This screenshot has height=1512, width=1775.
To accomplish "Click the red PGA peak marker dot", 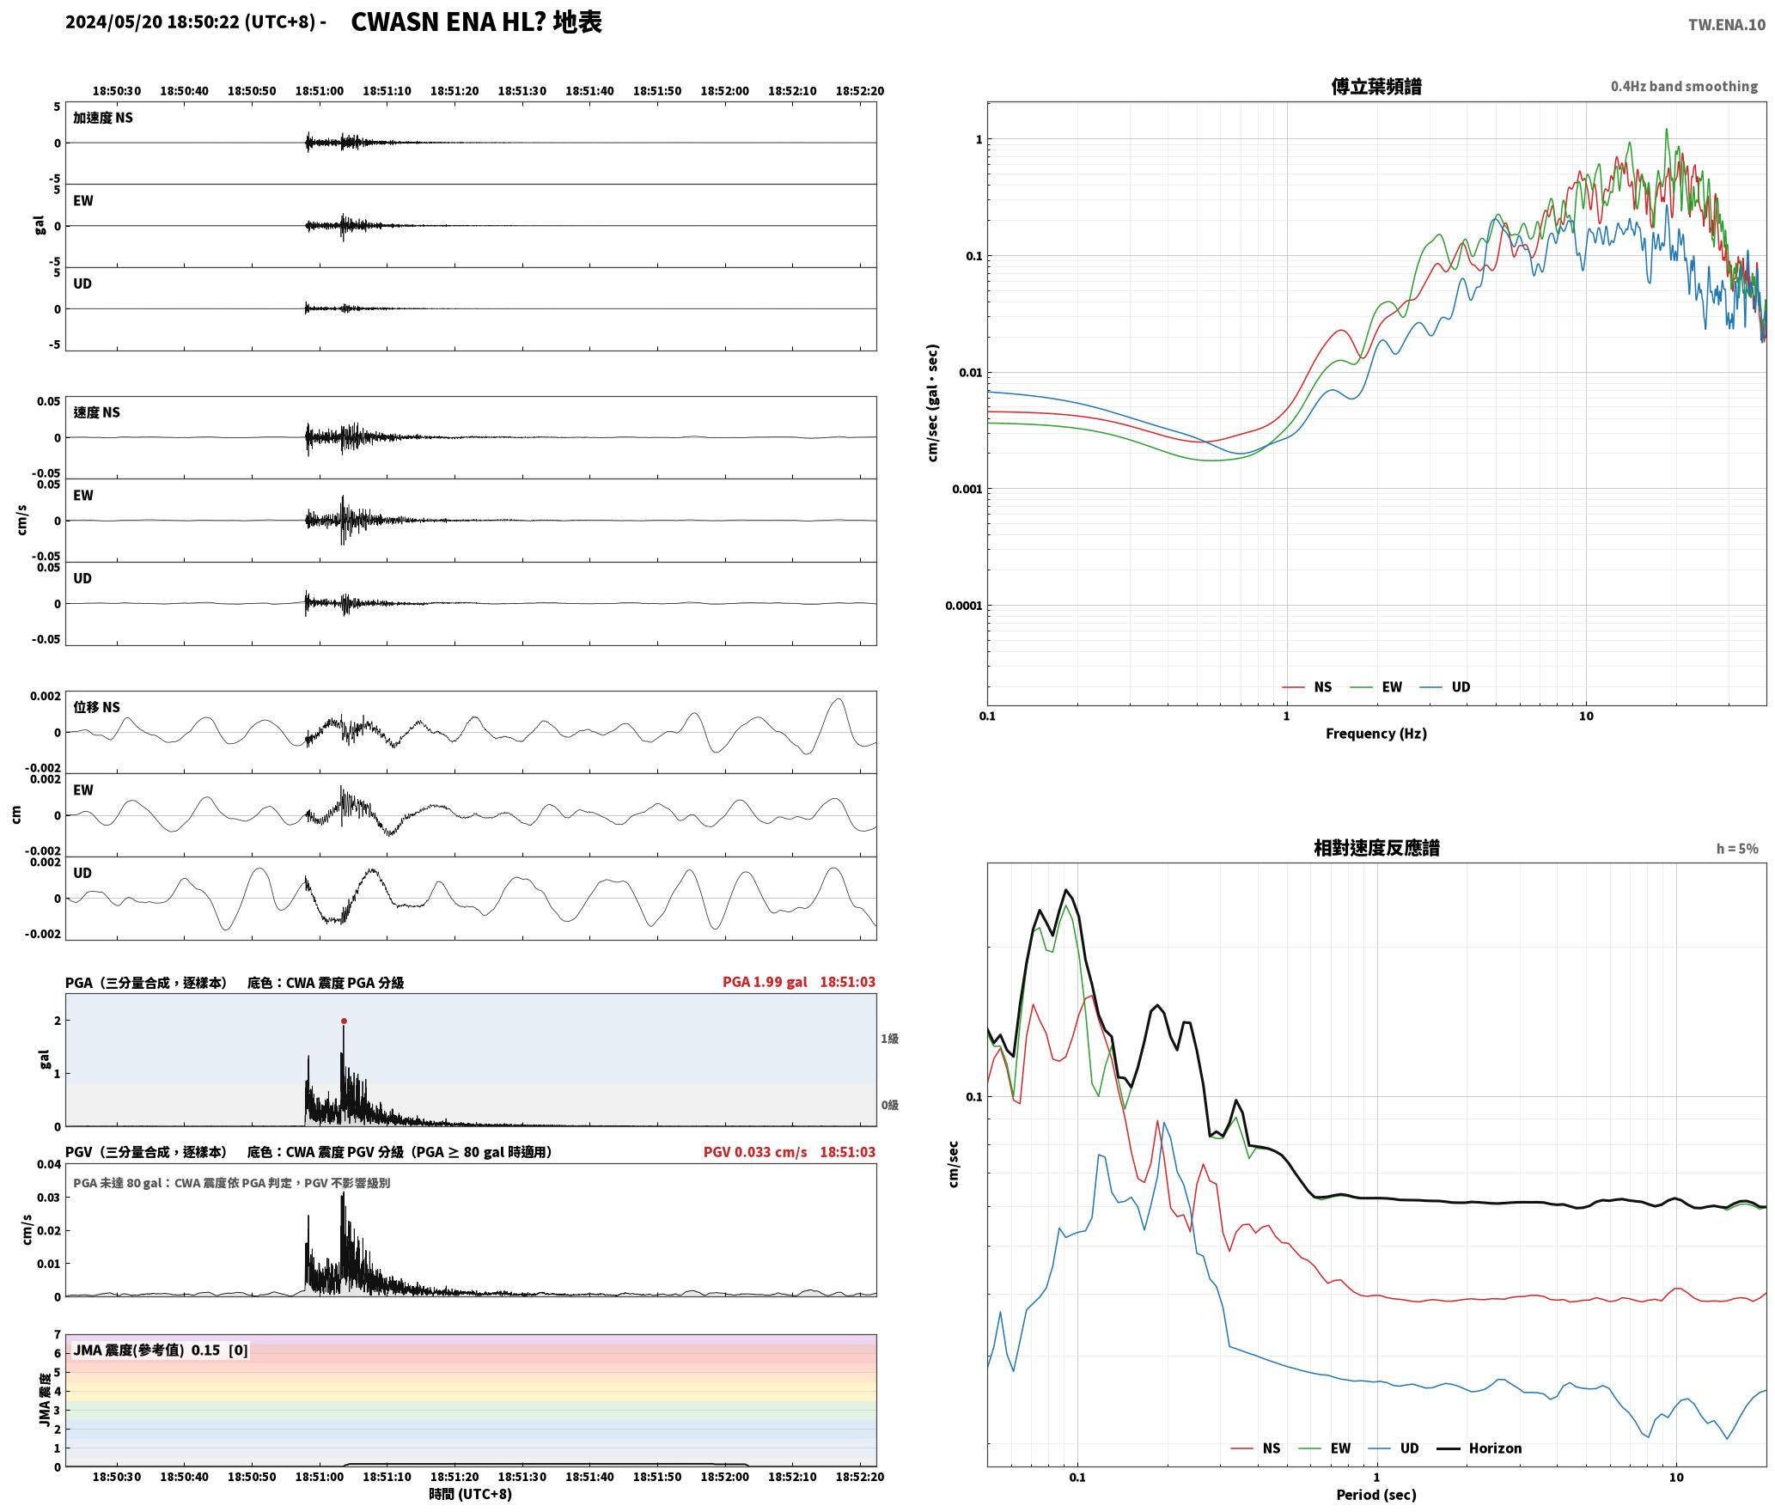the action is pos(344,1021).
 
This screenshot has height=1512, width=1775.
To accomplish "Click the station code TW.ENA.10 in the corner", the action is pos(1727,25).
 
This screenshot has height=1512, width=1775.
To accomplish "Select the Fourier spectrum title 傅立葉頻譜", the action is pos(1376,86).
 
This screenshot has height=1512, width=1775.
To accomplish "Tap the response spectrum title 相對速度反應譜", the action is pos(1376,848).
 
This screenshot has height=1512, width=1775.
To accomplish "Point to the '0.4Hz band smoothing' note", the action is pos(1684,86).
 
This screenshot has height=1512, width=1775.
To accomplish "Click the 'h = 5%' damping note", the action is pos(1737,849).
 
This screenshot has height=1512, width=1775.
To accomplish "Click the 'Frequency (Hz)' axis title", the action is pos(1376,734).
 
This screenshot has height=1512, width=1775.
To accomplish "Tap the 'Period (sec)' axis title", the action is pos(1376,1495).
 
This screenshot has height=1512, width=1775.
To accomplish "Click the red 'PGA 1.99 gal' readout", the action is pos(765,982).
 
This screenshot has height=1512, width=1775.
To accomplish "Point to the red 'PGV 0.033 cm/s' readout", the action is pos(755,1152).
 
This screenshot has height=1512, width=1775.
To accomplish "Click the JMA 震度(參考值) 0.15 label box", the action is pos(161,1350).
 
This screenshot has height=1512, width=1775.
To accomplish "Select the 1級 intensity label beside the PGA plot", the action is pos(889,1039).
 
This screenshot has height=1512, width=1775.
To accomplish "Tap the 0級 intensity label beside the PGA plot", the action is pos(889,1105).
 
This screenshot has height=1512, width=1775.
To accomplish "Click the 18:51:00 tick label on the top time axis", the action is pos(320,91).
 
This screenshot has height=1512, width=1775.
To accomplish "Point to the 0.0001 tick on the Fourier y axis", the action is pos(962,606).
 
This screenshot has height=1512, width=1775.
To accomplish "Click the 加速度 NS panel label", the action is pos(103,118).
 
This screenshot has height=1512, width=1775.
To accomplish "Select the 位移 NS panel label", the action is pos(97,707).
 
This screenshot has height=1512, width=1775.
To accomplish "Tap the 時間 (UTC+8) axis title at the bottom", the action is pos(471,1494).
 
